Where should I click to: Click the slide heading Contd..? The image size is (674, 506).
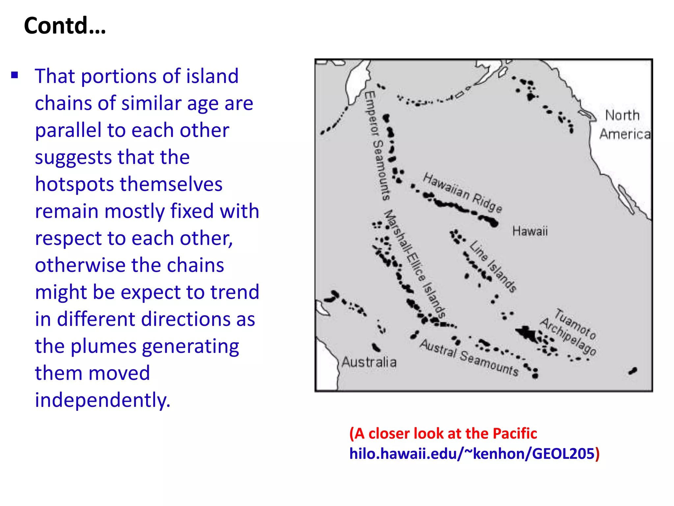[x=65, y=26]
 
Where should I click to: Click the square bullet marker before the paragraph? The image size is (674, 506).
[x=14, y=75]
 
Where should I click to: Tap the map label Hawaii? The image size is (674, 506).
[x=530, y=231]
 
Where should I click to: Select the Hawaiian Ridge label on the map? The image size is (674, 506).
[x=462, y=193]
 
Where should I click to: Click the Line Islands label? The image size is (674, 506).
[x=493, y=266]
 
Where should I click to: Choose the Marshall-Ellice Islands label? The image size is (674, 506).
[x=416, y=264]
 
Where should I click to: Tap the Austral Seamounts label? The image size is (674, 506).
[x=469, y=357]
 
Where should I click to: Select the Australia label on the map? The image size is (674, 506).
[x=369, y=362]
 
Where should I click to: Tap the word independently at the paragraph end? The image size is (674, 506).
[x=103, y=400]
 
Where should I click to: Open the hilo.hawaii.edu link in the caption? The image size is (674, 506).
[x=472, y=454]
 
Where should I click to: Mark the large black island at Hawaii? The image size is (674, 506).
[x=493, y=223]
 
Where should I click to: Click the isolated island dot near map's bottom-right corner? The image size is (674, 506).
[x=633, y=371]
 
